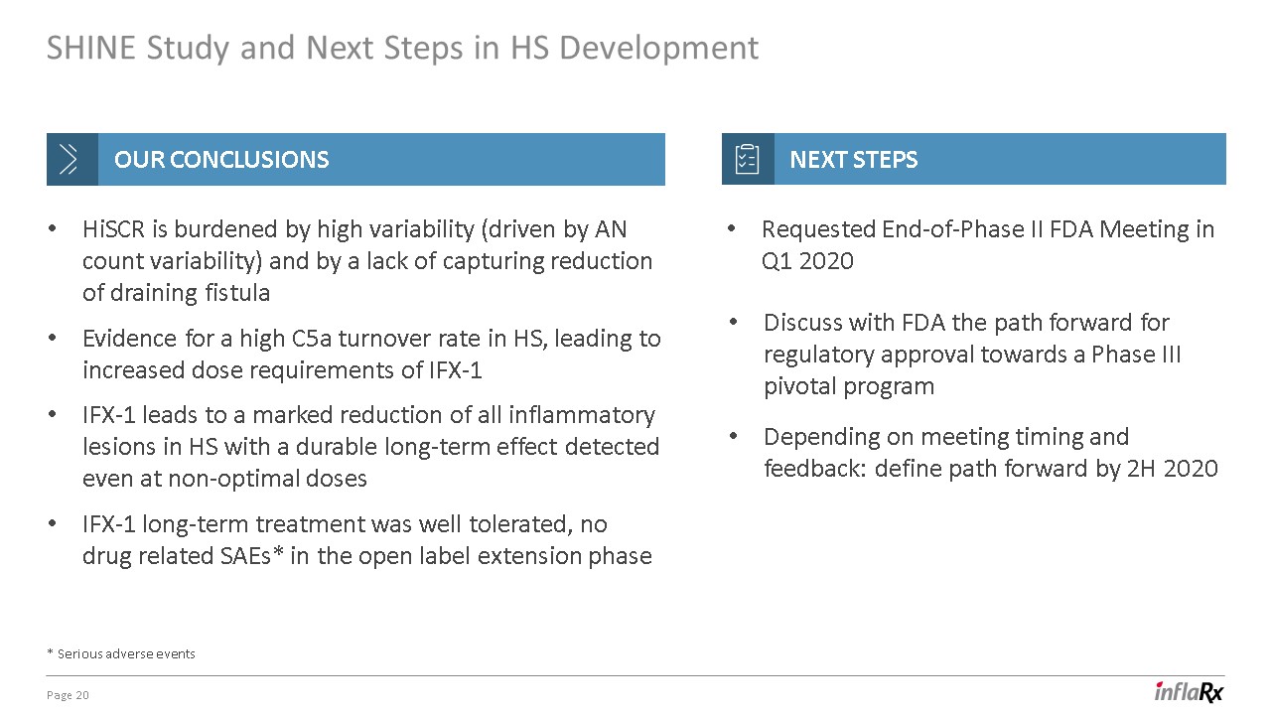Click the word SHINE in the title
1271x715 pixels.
(x=90, y=47)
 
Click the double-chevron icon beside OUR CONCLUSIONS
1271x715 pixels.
(x=69, y=159)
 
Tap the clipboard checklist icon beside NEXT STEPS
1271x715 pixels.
(x=747, y=159)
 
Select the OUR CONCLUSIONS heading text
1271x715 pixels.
(x=221, y=160)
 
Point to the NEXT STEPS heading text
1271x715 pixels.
(x=853, y=160)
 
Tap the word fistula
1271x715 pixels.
(x=237, y=293)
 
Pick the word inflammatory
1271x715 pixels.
(x=582, y=416)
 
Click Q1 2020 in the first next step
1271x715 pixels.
(x=807, y=261)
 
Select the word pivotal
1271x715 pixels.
(x=800, y=387)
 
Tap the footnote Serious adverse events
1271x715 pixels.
(x=126, y=653)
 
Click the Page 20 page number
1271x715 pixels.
(x=68, y=695)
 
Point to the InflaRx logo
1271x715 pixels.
(x=1190, y=692)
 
